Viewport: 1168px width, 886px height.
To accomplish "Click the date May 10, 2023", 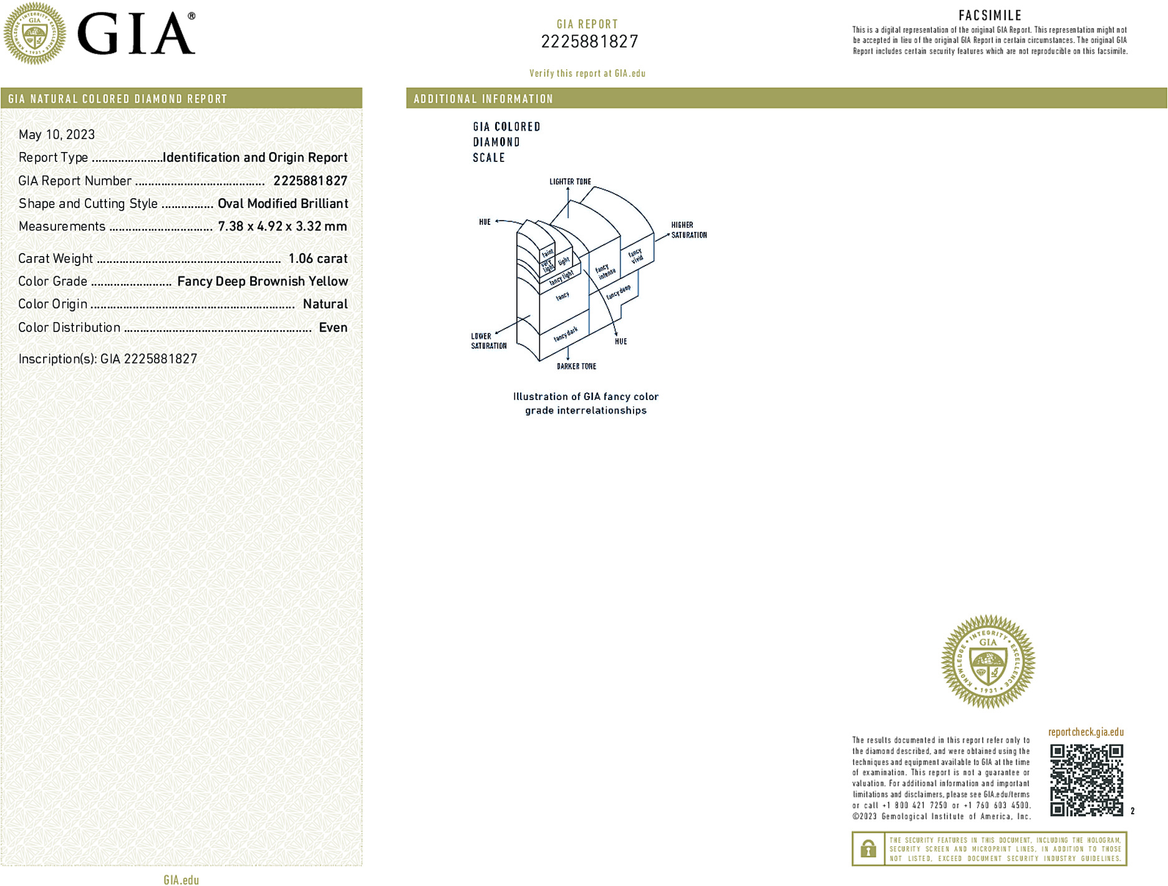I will pyautogui.click(x=57, y=135).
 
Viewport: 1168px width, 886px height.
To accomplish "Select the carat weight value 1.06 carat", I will pyautogui.click(x=317, y=259).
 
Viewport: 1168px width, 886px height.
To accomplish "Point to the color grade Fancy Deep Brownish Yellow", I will pyautogui.click(x=263, y=282).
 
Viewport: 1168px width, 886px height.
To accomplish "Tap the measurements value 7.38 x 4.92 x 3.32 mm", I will pyautogui.click(x=282, y=227).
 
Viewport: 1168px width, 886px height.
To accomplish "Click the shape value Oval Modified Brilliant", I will pyautogui.click(x=282, y=204).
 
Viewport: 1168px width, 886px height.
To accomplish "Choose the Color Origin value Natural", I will pyautogui.click(x=325, y=304).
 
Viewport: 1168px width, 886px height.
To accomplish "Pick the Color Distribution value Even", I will pyautogui.click(x=333, y=328).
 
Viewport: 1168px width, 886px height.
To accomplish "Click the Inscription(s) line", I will pyautogui.click(x=108, y=359).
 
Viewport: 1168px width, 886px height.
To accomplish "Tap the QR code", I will pyautogui.click(x=1086, y=779).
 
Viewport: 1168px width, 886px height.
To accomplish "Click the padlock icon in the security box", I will pyautogui.click(x=868, y=849).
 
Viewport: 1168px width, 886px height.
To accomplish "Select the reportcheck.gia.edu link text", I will pyautogui.click(x=1086, y=732).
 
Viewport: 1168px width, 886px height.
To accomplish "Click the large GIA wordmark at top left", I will pyautogui.click(x=136, y=34).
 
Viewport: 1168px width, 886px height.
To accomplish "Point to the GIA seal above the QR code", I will pyautogui.click(x=988, y=662).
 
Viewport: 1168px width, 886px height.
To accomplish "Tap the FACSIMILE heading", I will pyautogui.click(x=990, y=16).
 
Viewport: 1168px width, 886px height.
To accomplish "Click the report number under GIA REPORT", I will pyautogui.click(x=589, y=42).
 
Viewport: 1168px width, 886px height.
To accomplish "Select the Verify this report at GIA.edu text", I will pyautogui.click(x=587, y=74).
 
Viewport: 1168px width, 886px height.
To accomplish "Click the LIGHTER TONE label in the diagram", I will pyautogui.click(x=570, y=182).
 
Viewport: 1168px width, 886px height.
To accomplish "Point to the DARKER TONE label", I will pyautogui.click(x=576, y=366).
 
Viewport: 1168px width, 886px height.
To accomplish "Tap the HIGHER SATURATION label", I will pyautogui.click(x=688, y=230).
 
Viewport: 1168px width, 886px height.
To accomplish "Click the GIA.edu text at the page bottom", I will pyautogui.click(x=181, y=880).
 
